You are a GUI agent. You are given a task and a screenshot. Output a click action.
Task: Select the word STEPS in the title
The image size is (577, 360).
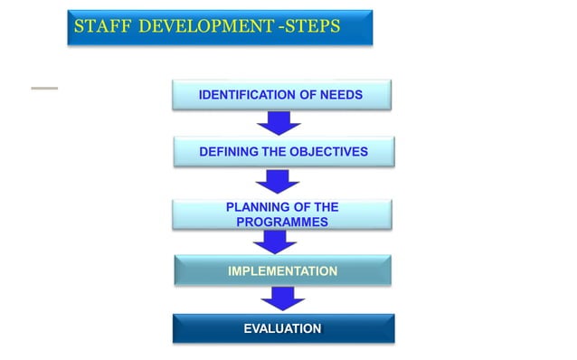point(311,27)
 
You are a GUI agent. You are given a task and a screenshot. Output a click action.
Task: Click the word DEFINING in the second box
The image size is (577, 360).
point(229,152)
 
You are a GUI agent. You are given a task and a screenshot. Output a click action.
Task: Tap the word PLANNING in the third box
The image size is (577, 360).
point(257,208)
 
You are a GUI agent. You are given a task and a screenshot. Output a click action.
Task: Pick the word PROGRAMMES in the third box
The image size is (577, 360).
point(282,222)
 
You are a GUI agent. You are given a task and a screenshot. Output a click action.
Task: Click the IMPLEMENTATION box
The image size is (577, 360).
point(282,270)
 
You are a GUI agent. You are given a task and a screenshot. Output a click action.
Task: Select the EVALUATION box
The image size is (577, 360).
point(282,328)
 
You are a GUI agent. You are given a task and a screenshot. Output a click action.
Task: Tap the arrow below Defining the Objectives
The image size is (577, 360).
point(283,180)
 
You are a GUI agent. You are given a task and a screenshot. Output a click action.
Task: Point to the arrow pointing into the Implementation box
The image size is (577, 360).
point(275,242)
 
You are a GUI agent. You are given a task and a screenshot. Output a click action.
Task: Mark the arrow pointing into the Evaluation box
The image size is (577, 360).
point(282,298)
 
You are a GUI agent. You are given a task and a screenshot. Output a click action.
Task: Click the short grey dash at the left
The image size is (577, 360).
point(43,88)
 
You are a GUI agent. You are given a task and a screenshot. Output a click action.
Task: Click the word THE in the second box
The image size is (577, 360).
point(274,152)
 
